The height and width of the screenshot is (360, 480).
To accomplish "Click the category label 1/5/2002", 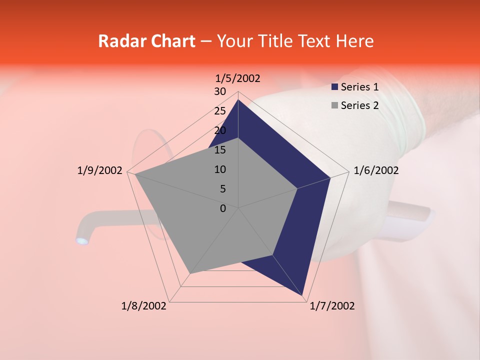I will tap(238, 78).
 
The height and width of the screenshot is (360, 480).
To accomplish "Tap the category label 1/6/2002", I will tap(376, 170).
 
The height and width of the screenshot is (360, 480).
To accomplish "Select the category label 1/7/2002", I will tap(332, 306).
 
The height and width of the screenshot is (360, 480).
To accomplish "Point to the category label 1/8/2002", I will tap(144, 306).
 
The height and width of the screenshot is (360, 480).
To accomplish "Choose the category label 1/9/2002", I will tap(99, 170).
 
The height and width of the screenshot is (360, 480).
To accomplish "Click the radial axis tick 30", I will tap(220, 91).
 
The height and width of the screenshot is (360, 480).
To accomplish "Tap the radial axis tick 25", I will tap(220, 111).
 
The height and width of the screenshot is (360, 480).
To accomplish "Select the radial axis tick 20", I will tap(220, 130).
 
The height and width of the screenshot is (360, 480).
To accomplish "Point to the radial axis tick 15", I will tap(220, 150).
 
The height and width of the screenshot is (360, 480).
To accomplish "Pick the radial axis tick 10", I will tap(220, 169).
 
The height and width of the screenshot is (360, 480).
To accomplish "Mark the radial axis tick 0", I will tap(223, 208).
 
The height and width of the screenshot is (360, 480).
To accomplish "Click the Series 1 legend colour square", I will tap(334, 87).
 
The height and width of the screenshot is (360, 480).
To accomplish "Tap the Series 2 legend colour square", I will tap(334, 105).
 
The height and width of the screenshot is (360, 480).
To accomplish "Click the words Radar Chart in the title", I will tap(146, 41).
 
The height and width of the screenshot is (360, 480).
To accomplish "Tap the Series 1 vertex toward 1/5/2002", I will tap(238, 99).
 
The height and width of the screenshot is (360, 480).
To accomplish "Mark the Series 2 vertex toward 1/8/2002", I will tap(190, 273).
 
